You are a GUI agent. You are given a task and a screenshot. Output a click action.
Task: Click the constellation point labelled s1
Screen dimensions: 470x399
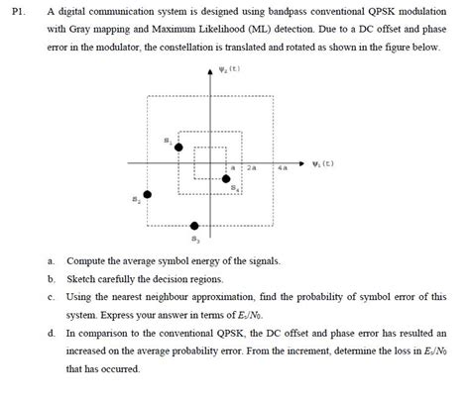[x=179, y=148]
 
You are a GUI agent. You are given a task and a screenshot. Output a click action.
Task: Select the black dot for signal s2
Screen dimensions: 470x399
[x=149, y=194]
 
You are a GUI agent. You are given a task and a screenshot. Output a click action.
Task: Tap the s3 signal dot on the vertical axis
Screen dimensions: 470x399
[x=194, y=225]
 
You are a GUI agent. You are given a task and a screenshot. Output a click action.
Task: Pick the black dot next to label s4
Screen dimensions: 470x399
[x=226, y=178]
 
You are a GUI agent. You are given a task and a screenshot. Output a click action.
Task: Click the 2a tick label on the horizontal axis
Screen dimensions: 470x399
[x=252, y=170]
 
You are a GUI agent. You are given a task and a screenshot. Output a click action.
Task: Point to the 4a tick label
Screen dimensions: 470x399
[x=284, y=170]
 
